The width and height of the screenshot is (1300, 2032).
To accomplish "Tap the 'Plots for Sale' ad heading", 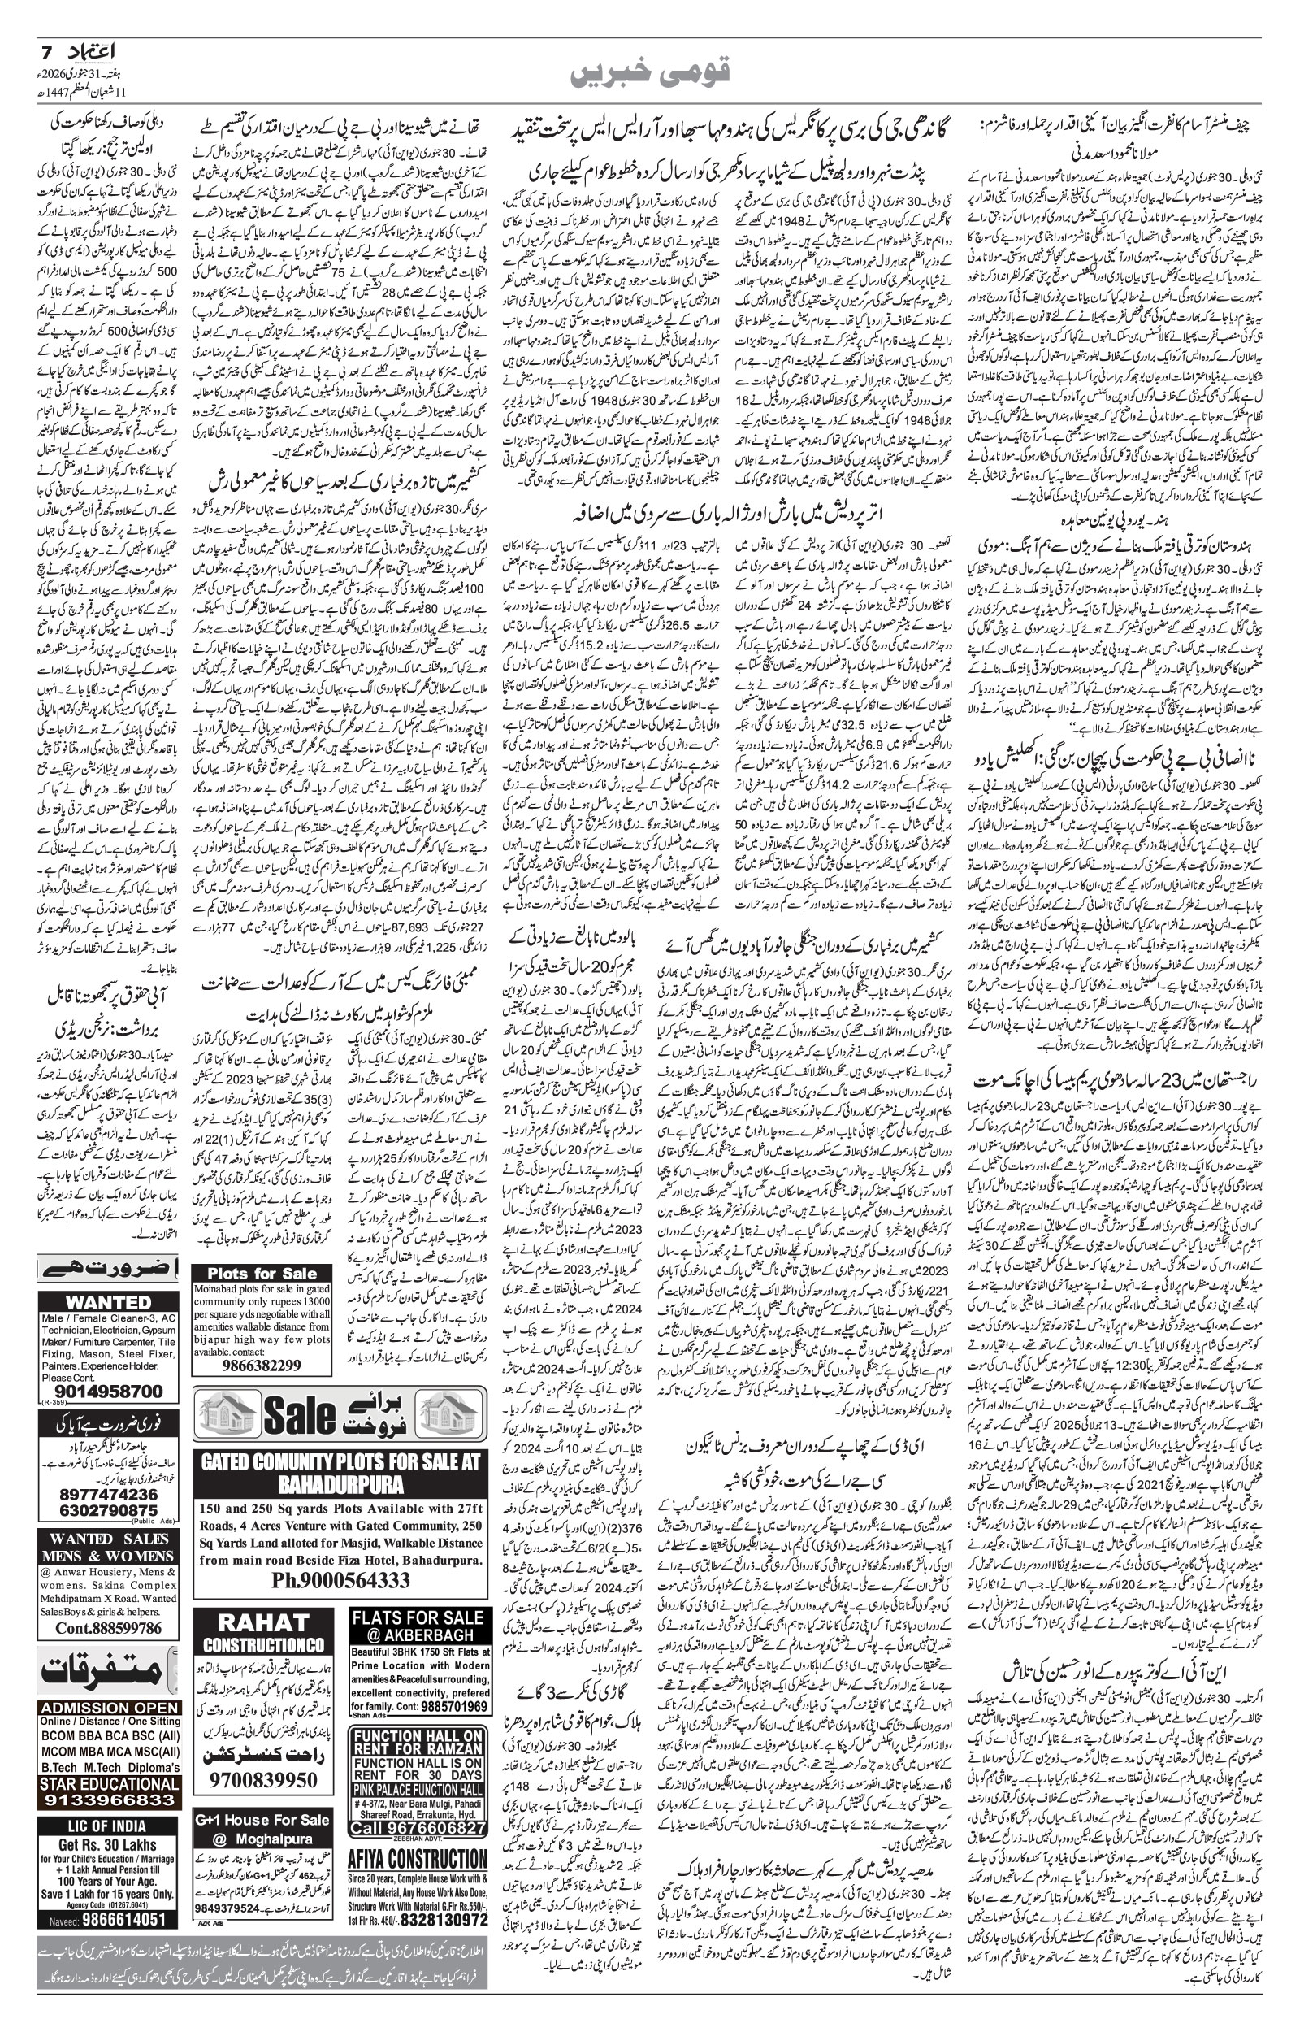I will click(x=262, y=1273).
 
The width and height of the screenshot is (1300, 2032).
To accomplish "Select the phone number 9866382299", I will click(x=262, y=1365).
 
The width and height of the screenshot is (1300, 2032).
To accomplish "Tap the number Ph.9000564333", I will click(x=341, y=1579).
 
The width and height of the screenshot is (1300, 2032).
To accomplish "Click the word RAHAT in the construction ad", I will click(x=264, y=1622).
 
